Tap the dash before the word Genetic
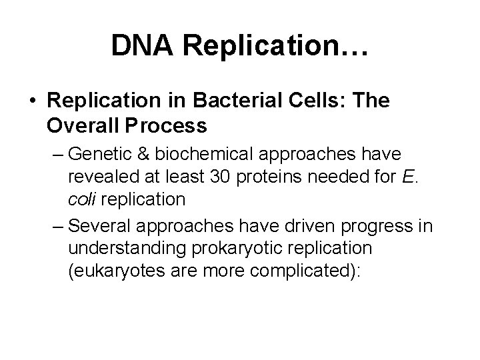tap(57, 155)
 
